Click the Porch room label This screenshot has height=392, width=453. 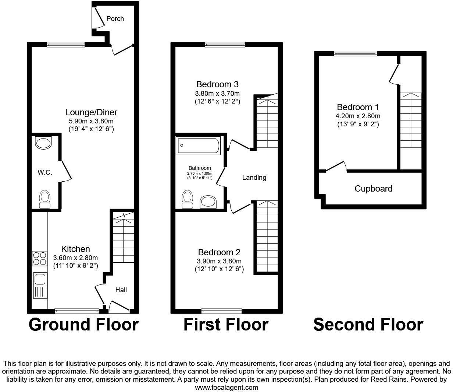[x=115, y=19]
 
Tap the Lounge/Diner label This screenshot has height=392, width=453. [x=91, y=112]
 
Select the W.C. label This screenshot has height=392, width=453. [x=45, y=172]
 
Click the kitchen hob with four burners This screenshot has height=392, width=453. [x=39, y=258]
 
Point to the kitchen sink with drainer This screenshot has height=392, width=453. [x=40, y=286]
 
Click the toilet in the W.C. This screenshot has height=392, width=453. [x=44, y=199]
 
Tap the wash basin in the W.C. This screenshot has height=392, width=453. [x=44, y=143]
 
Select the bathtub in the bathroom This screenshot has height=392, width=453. [x=199, y=145]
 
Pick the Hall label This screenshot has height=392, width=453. [x=121, y=290]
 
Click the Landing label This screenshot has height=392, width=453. [x=254, y=178]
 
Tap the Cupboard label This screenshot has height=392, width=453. [x=373, y=189]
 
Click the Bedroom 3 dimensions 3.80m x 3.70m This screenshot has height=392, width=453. [x=217, y=93]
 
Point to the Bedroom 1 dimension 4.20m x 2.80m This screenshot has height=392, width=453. [x=358, y=116]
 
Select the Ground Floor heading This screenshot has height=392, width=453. [x=83, y=325]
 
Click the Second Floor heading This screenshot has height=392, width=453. [x=368, y=325]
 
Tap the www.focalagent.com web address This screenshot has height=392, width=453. [x=226, y=387]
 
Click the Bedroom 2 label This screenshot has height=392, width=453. [x=219, y=252]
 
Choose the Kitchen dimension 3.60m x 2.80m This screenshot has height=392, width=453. [x=75, y=258]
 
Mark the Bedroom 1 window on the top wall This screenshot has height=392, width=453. [x=356, y=54]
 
